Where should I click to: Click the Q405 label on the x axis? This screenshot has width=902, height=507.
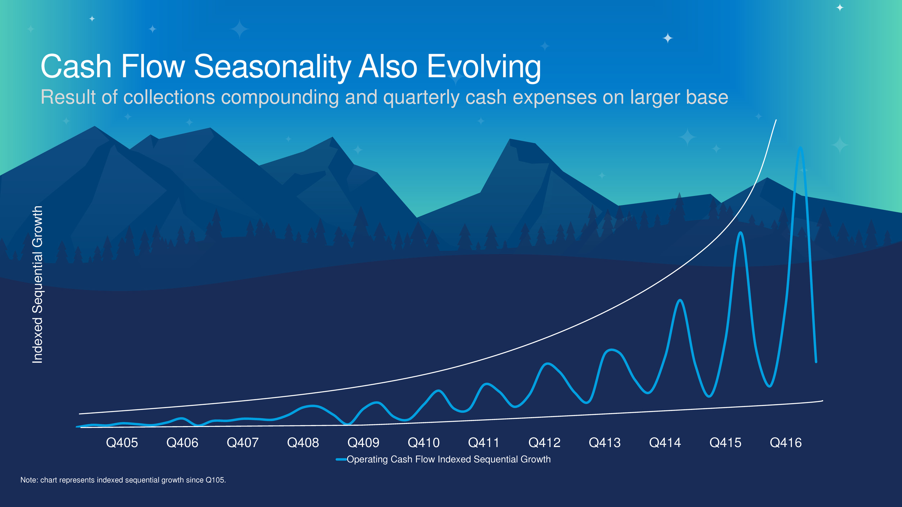122,443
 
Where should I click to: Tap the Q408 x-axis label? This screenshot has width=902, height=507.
303,443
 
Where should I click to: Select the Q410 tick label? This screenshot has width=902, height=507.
423,443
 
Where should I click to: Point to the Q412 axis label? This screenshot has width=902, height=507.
544,443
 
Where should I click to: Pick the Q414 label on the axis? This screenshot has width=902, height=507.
665,443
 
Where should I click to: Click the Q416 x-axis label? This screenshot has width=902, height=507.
786,443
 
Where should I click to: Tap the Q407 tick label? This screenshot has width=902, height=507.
243,443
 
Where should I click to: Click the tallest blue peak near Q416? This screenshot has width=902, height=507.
800,147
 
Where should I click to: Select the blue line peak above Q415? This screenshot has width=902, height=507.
740,233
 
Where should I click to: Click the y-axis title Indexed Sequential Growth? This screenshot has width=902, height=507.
37,284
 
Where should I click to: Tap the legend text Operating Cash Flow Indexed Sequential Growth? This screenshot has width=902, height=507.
449,460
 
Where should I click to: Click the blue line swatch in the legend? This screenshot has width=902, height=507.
341,460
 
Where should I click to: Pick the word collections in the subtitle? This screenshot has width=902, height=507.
169,97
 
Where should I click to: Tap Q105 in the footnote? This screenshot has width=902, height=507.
215,480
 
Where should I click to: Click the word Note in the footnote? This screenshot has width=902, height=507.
28,480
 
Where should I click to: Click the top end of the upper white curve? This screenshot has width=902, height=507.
776,120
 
